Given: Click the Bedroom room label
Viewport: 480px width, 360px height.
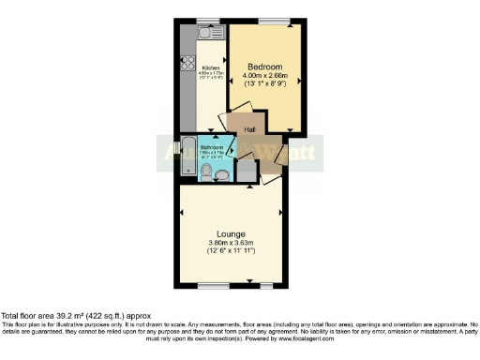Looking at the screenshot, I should coord(265,66).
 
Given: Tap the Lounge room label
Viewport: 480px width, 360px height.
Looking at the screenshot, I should coord(231,233).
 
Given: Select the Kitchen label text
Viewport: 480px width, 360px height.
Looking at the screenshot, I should coord(211,68).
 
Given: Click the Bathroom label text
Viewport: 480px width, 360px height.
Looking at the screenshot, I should coord(212,148).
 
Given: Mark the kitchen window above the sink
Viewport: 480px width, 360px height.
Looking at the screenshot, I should coord(207,21).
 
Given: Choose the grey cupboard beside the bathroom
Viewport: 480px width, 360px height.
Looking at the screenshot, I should coord(246,170).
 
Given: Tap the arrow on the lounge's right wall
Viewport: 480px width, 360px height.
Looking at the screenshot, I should coord(279,213).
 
